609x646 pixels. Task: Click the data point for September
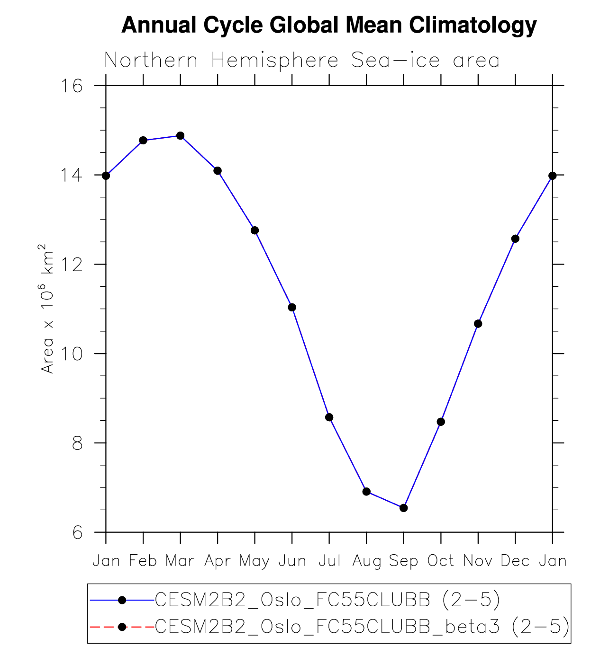point(404,508)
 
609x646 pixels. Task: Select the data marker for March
point(180,136)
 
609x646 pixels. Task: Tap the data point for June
point(292,308)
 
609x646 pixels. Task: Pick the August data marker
point(366,492)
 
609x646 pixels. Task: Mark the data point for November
point(478,324)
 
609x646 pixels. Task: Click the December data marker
point(515,239)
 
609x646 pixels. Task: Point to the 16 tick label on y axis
point(72,86)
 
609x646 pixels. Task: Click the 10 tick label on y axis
point(72,354)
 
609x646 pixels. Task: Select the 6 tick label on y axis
point(77,533)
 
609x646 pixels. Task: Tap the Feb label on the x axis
point(143,561)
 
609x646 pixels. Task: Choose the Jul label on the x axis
point(329,561)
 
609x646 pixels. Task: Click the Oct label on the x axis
point(441,561)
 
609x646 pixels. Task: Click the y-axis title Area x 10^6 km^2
point(46,309)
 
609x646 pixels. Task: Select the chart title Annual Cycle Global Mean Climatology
point(329,25)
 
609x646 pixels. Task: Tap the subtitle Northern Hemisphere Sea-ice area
point(302,61)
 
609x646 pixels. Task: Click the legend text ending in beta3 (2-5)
point(362,627)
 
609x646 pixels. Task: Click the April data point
point(218,171)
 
